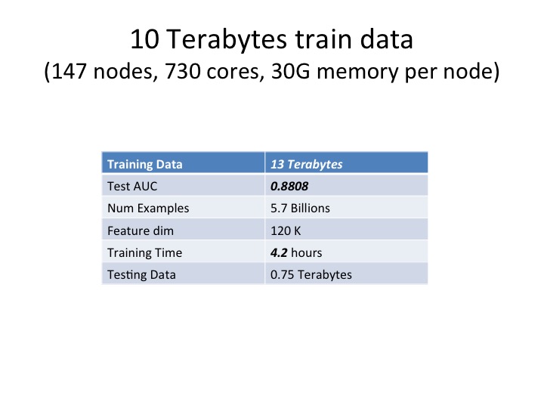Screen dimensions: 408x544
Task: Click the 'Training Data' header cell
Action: [145, 164]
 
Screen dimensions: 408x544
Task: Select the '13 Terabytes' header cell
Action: [307, 164]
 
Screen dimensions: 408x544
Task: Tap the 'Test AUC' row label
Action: [133, 186]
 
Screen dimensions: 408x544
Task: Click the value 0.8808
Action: [289, 186]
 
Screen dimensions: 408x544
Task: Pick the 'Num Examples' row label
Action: [148, 208]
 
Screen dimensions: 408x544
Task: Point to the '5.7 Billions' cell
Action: [301, 208]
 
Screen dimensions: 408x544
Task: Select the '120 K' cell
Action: [286, 230]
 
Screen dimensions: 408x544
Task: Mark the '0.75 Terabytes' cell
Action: [311, 274]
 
